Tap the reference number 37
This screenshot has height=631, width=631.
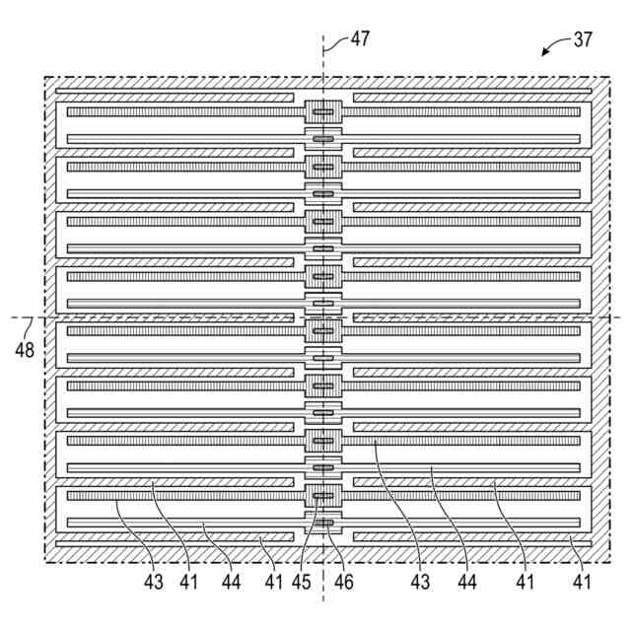585,40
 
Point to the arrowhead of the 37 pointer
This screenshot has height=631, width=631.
544,55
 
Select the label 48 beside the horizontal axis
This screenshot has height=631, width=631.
23,349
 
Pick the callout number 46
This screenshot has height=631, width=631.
342,583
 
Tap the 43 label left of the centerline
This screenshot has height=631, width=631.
154,583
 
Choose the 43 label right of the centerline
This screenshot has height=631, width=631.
421,583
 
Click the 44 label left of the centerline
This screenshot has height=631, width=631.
230,583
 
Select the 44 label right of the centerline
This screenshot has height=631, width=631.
466,583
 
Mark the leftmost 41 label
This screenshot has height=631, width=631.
188,583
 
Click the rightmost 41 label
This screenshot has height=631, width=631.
583,583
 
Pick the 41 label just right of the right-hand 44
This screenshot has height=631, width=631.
525,583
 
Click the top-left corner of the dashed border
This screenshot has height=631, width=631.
45,77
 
